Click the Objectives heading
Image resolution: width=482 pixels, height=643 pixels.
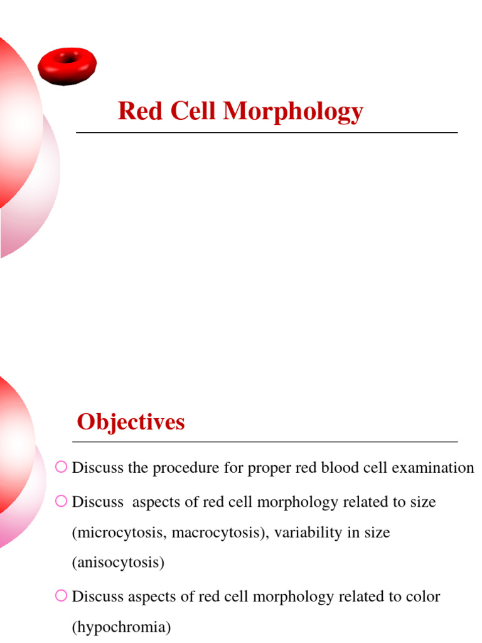pos(131,422)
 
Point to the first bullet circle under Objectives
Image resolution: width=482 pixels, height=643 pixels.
pos(61,466)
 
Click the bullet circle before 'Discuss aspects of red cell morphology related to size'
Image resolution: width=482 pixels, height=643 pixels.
pos(61,500)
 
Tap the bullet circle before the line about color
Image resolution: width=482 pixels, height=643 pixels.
pos(61,595)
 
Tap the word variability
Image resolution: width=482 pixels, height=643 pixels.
pos(301,532)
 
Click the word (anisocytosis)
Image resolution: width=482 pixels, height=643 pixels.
pos(118,563)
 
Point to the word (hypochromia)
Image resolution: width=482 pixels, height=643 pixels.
pos(121,627)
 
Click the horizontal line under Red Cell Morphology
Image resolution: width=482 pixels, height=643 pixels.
pos(267,132)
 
